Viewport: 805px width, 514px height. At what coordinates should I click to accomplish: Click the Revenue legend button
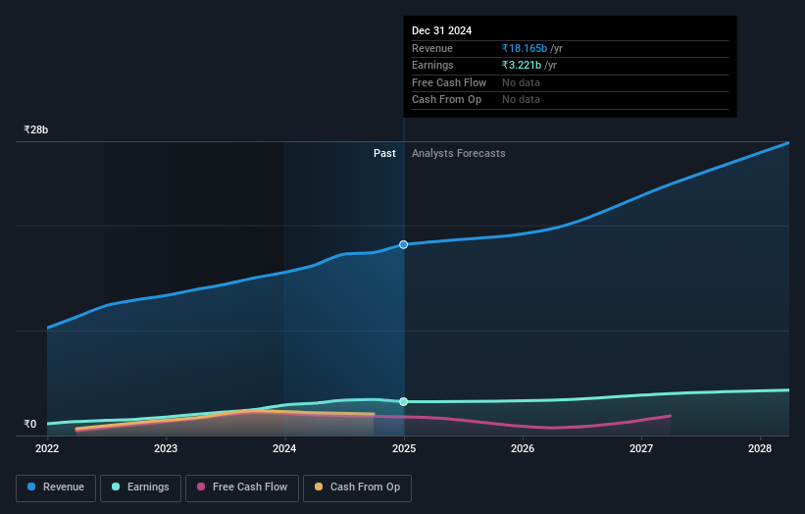tap(56, 487)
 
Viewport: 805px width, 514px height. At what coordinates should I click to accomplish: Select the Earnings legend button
tap(140, 487)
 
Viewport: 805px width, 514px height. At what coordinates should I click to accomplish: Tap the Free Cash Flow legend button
tap(241, 487)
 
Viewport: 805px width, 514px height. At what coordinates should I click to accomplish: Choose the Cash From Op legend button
tap(357, 487)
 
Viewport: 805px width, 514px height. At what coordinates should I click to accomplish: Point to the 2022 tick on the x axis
tap(47, 449)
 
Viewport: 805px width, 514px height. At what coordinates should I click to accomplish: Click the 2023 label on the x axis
tap(166, 449)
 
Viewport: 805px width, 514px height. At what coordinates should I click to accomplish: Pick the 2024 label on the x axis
tap(284, 449)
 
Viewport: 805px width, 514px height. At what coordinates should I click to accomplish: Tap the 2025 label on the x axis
tap(404, 449)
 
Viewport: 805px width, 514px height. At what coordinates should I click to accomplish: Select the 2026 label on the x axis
tap(523, 449)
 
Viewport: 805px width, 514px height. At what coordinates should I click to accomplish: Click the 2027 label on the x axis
tap(641, 449)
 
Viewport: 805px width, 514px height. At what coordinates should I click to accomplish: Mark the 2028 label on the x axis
tap(760, 449)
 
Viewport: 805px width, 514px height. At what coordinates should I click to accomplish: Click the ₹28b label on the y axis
tap(36, 129)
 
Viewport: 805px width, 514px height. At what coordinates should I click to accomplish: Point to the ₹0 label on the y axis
tap(30, 425)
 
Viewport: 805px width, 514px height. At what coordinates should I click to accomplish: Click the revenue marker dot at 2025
tap(403, 244)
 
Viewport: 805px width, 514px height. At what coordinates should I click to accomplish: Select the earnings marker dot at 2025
tap(403, 401)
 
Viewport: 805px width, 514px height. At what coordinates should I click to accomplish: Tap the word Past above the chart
tap(384, 153)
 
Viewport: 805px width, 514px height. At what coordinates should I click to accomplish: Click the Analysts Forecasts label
tap(459, 153)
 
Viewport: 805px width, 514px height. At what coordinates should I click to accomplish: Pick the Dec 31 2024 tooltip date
tap(441, 30)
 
